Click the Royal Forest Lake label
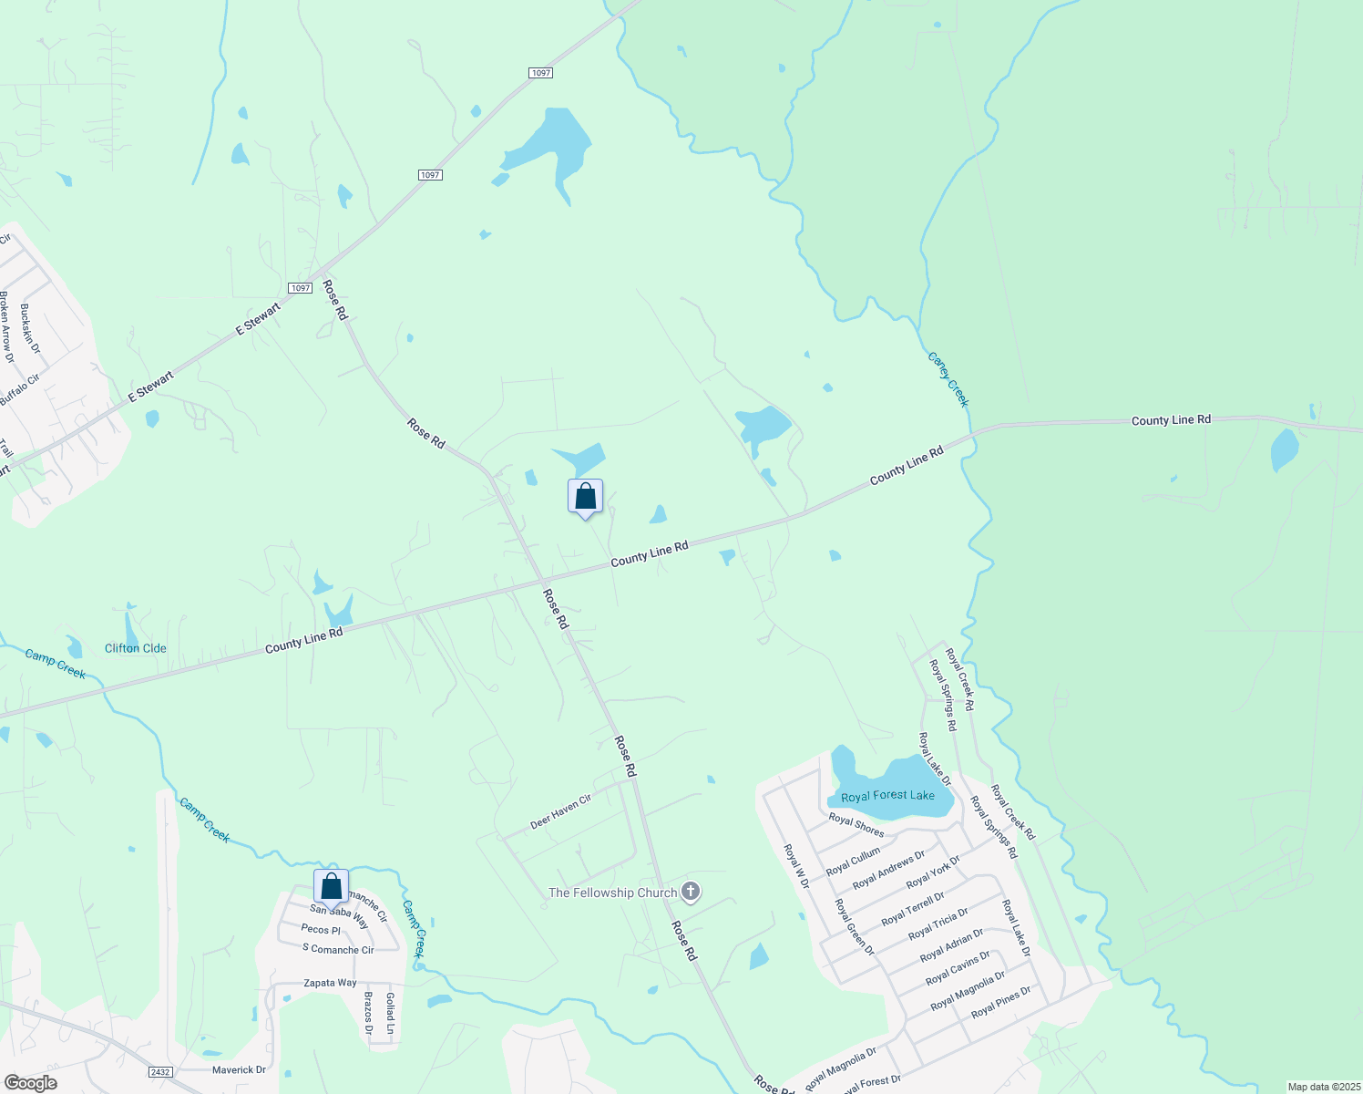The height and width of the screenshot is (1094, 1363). (x=887, y=796)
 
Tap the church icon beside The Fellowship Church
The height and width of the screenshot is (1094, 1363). (x=691, y=892)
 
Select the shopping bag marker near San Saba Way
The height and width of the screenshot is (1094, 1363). (x=331, y=886)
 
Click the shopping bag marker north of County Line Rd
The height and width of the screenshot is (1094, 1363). (x=585, y=497)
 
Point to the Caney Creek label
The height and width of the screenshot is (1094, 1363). (x=948, y=379)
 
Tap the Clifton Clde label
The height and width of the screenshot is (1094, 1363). (x=136, y=648)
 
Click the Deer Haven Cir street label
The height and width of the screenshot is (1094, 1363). (x=561, y=811)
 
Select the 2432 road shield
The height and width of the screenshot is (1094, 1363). (x=160, y=1072)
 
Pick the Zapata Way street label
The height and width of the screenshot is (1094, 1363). (x=330, y=983)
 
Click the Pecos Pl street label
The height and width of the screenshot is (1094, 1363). (x=321, y=930)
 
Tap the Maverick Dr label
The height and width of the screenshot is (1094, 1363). (x=239, y=1070)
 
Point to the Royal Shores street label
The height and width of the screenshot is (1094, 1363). (x=856, y=825)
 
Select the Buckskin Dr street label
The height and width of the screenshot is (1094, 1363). (x=30, y=328)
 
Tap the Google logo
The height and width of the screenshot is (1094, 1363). (x=30, y=1083)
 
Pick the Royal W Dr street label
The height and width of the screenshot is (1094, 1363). (x=796, y=866)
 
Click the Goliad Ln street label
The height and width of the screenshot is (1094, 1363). (x=390, y=1013)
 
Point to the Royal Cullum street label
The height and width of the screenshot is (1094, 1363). (x=853, y=862)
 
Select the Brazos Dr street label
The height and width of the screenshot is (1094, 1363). (x=369, y=1013)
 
